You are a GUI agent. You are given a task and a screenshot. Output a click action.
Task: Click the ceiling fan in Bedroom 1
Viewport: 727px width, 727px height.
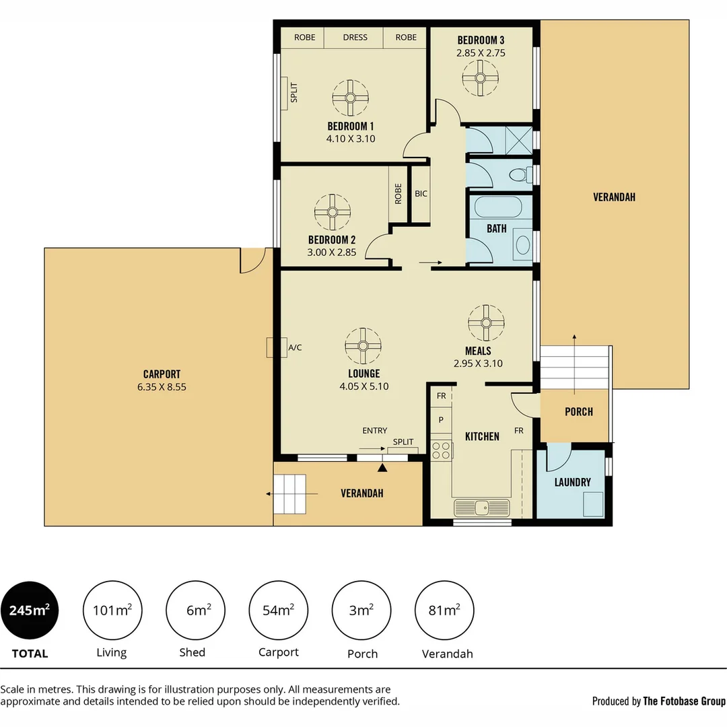click(x=350, y=98)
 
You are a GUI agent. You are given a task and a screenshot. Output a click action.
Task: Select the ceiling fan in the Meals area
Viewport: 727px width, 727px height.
click(x=485, y=323)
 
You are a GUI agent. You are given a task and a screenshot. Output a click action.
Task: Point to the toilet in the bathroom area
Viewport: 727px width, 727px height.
click(x=519, y=175)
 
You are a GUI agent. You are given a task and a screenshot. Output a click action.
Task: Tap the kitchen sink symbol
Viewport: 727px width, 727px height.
click(x=481, y=507)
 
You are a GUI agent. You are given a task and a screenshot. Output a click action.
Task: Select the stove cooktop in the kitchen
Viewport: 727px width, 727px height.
click(x=442, y=450)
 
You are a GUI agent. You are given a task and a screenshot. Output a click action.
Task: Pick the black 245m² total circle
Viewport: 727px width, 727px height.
click(x=30, y=611)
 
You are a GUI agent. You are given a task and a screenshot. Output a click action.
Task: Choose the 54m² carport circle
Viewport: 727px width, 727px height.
click(x=279, y=611)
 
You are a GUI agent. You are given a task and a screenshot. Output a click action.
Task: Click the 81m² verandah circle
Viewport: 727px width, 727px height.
click(x=445, y=611)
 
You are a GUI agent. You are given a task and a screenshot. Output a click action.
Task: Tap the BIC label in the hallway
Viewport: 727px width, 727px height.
click(x=421, y=194)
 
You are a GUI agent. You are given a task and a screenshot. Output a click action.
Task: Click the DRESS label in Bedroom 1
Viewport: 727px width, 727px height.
click(x=355, y=37)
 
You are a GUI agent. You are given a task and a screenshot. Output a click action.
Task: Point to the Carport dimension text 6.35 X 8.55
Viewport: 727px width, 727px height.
click(x=162, y=387)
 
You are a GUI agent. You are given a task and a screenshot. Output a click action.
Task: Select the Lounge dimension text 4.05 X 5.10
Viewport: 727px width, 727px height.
click(x=364, y=386)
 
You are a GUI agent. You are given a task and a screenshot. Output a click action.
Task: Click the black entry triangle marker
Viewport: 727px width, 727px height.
click(x=382, y=466)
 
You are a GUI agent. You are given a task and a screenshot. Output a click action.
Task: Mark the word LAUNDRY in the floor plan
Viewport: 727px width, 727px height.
click(x=572, y=482)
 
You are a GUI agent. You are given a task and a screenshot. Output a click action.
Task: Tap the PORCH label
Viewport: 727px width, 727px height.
click(x=578, y=411)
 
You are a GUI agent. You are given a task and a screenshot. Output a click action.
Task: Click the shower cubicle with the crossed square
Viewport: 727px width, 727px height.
click(x=517, y=138)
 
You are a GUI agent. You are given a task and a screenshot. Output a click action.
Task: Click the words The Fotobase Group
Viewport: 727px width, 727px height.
click(x=684, y=701)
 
